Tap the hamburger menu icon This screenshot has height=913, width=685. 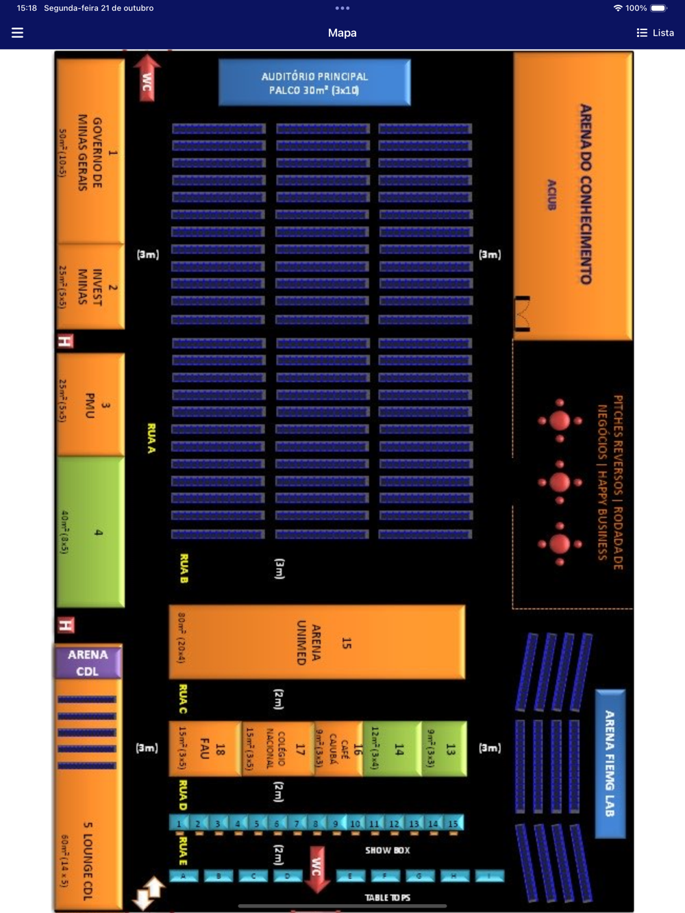[18, 33]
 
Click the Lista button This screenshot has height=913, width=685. [655, 33]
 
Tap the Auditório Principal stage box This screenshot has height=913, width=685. [314, 83]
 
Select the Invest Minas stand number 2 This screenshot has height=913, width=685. [90, 286]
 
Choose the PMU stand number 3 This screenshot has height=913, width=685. [90, 405]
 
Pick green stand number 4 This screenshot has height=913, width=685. [90, 531]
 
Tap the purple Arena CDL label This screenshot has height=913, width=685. [88, 662]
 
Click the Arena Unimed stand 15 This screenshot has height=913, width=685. [317, 642]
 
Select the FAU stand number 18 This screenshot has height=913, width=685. [205, 749]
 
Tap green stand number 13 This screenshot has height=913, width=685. [445, 749]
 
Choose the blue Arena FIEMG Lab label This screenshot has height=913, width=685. [610, 763]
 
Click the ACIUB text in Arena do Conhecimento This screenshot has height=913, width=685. [552, 195]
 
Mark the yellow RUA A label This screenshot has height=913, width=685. [151, 438]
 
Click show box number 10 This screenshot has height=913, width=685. [355, 823]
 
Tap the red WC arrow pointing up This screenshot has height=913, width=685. [147, 78]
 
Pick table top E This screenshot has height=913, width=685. [351, 876]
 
